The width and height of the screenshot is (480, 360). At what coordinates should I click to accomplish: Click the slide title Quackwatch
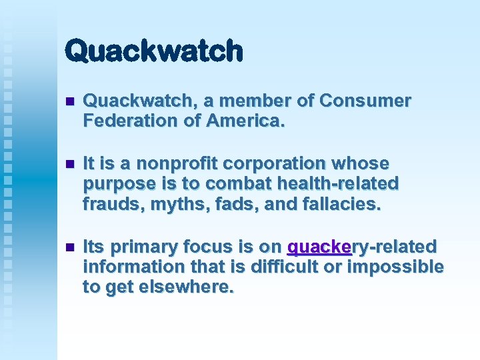[154, 51]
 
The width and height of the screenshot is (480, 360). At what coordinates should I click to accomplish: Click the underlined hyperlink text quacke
[319, 247]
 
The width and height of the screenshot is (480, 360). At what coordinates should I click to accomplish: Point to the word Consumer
[365, 101]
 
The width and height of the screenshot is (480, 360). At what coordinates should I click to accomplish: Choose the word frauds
[107, 203]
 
